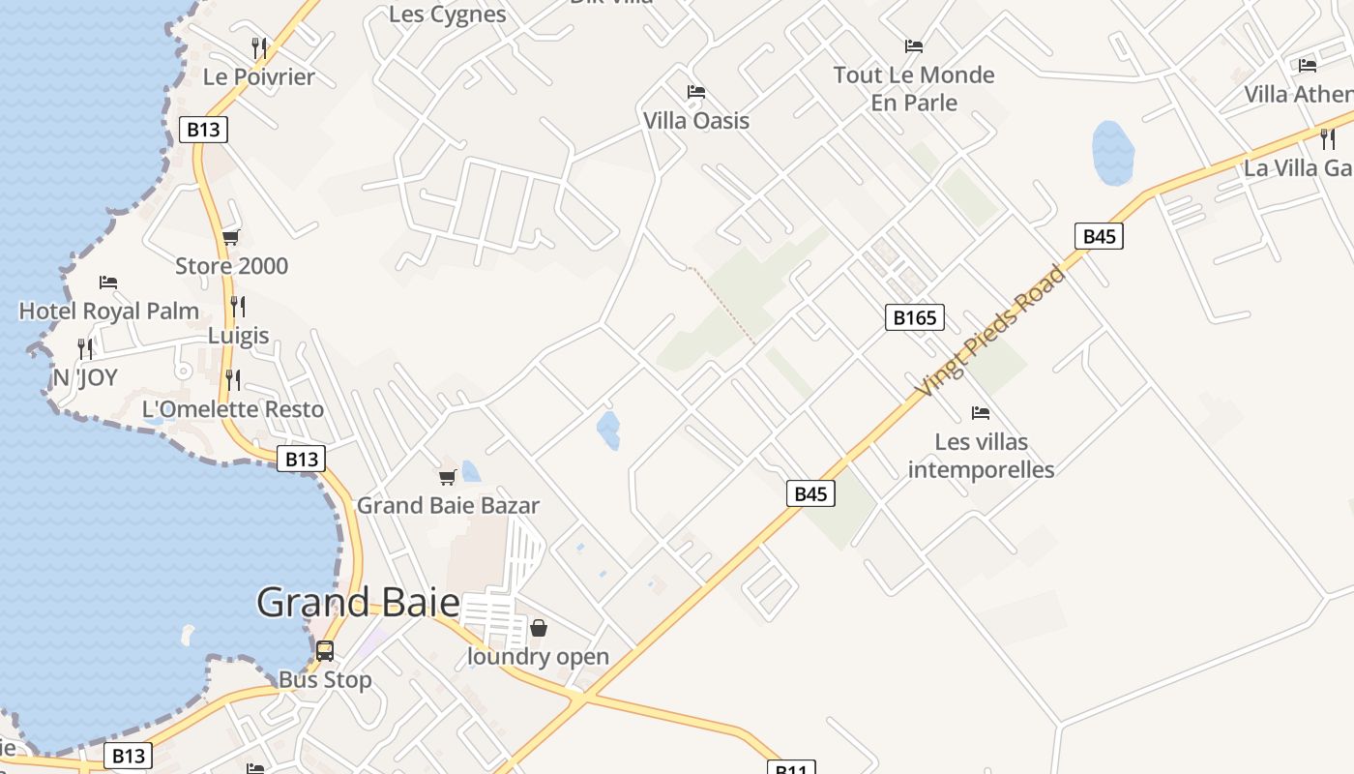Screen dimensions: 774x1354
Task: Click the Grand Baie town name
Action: click(x=358, y=603)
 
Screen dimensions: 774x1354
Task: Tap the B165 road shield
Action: click(x=914, y=317)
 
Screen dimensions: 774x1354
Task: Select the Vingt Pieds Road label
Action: click(x=991, y=331)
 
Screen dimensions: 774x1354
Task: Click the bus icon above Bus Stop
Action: click(x=325, y=651)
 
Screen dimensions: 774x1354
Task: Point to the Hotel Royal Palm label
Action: click(x=109, y=312)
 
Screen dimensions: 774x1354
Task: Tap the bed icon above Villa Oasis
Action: click(x=695, y=93)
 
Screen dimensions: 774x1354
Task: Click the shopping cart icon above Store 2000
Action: click(x=230, y=237)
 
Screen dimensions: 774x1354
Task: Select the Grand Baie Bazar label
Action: click(x=448, y=505)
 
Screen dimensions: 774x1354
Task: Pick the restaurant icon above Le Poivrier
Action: click(x=258, y=47)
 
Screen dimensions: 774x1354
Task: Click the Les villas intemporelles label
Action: click(x=981, y=456)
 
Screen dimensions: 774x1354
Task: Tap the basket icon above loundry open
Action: click(x=538, y=628)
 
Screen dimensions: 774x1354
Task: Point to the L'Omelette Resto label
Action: click(x=233, y=409)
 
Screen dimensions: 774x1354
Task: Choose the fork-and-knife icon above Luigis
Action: click(x=237, y=307)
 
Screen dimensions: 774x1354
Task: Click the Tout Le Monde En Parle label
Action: click(x=914, y=89)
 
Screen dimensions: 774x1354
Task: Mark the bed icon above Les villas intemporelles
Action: click(x=981, y=413)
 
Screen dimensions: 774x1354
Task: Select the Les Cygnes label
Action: click(x=447, y=15)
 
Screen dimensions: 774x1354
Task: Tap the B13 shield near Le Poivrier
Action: click(x=203, y=130)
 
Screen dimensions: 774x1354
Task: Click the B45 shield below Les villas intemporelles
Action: click(x=809, y=493)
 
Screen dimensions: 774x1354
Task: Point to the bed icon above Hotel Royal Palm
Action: click(x=108, y=283)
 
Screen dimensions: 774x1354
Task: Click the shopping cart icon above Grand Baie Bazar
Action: click(x=447, y=477)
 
